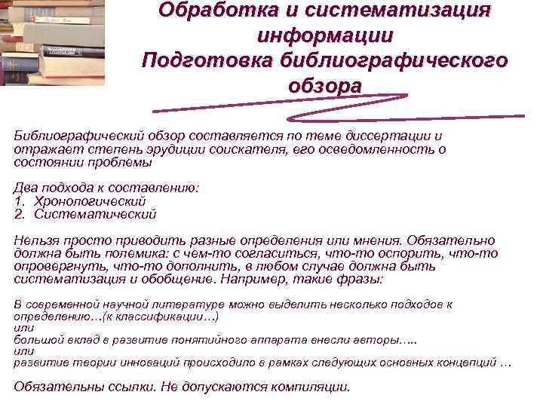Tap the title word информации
[324, 35]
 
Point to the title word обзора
[324, 85]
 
